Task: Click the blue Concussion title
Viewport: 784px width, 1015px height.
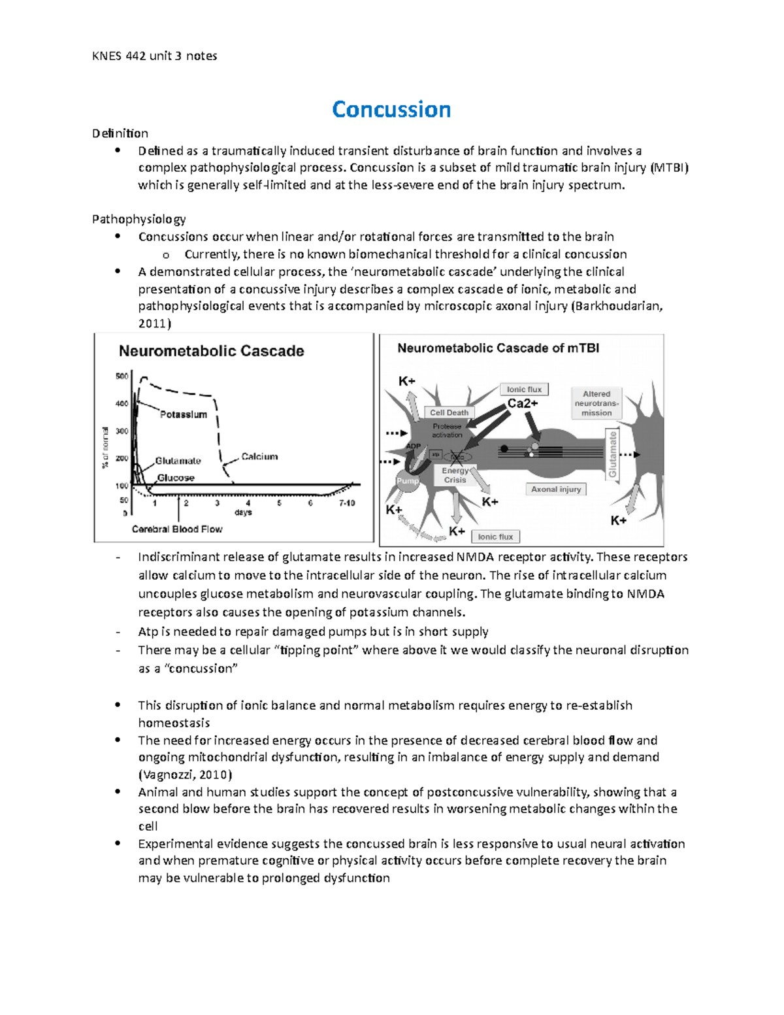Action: point(391,109)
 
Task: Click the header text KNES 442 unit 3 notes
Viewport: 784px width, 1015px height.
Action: point(154,56)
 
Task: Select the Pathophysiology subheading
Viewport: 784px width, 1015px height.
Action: point(139,219)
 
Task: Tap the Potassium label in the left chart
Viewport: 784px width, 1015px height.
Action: point(184,414)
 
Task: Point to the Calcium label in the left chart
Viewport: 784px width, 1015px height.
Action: point(259,456)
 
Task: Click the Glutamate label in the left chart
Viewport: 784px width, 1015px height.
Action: point(178,461)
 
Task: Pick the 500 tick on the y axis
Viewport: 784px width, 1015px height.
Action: point(122,376)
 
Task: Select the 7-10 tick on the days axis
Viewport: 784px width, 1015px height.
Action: point(347,503)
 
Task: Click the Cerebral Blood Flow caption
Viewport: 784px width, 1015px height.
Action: point(177,529)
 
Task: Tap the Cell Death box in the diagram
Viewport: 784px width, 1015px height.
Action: point(449,412)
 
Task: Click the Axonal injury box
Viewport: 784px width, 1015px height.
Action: point(556,489)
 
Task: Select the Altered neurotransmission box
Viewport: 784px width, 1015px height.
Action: point(596,403)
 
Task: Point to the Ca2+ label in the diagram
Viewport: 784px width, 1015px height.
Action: point(523,404)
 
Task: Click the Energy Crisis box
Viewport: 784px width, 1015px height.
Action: point(455,475)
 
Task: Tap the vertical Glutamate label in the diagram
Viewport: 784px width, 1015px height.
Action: point(613,455)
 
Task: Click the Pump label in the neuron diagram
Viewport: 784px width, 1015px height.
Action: point(408,480)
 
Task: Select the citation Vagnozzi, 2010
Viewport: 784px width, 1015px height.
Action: point(185,775)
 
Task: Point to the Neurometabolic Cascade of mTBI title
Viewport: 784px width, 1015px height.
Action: point(498,348)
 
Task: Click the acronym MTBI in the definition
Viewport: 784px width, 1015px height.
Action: point(669,168)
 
